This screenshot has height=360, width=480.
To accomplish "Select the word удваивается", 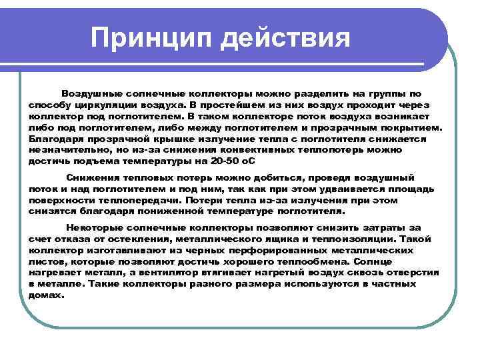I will (x=343, y=189).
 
